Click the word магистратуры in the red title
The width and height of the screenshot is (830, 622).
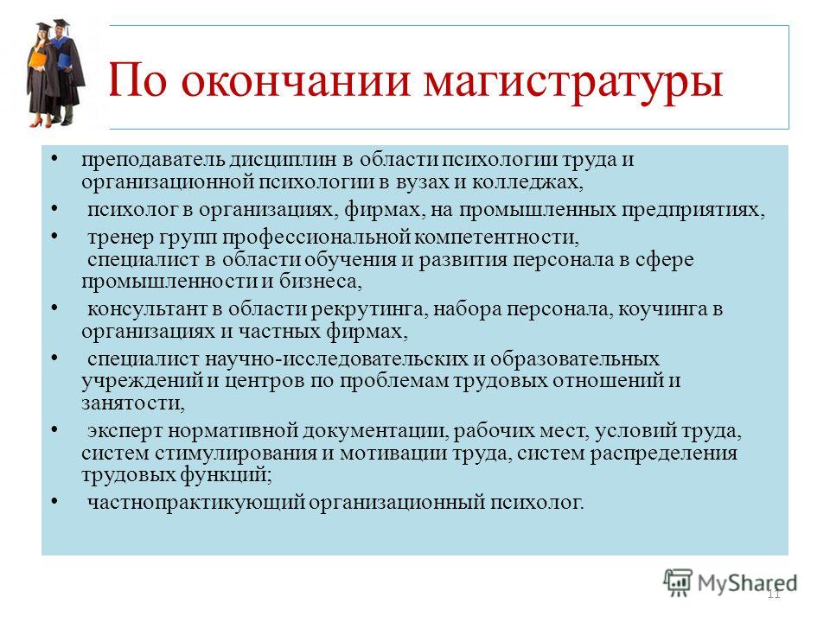pyautogui.click(x=573, y=83)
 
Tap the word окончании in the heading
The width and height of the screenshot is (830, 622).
pyautogui.click(x=296, y=81)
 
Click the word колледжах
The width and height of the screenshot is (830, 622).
pyautogui.click(x=527, y=182)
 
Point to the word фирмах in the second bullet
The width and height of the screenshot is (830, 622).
pyautogui.click(x=385, y=210)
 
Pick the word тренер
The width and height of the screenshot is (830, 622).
pyautogui.click(x=120, y=238)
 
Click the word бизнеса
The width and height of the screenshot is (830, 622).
pyautogui.click(x=320, y=281)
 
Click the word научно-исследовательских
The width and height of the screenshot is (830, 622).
pyautogui.click(x=336, y=359)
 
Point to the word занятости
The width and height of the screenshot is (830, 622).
pyautogui.click(x=133, y=403)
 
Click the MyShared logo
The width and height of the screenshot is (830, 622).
pyautogui.click(x=730, y=582)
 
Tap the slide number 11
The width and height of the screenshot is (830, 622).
pyautogui.click(x=774, y=594)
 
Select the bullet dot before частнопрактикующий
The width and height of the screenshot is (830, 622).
pyautogui.click(x=54, y=500)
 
